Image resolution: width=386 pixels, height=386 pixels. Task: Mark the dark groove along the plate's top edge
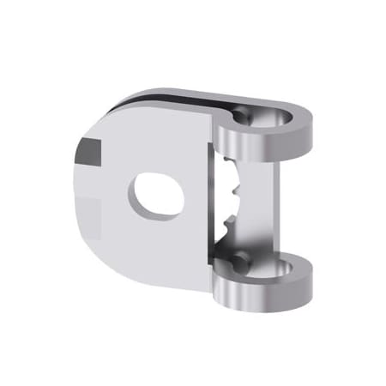point(163,100)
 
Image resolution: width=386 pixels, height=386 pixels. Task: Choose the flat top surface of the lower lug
point(257,273)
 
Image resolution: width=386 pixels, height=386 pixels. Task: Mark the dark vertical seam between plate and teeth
point(212,197)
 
